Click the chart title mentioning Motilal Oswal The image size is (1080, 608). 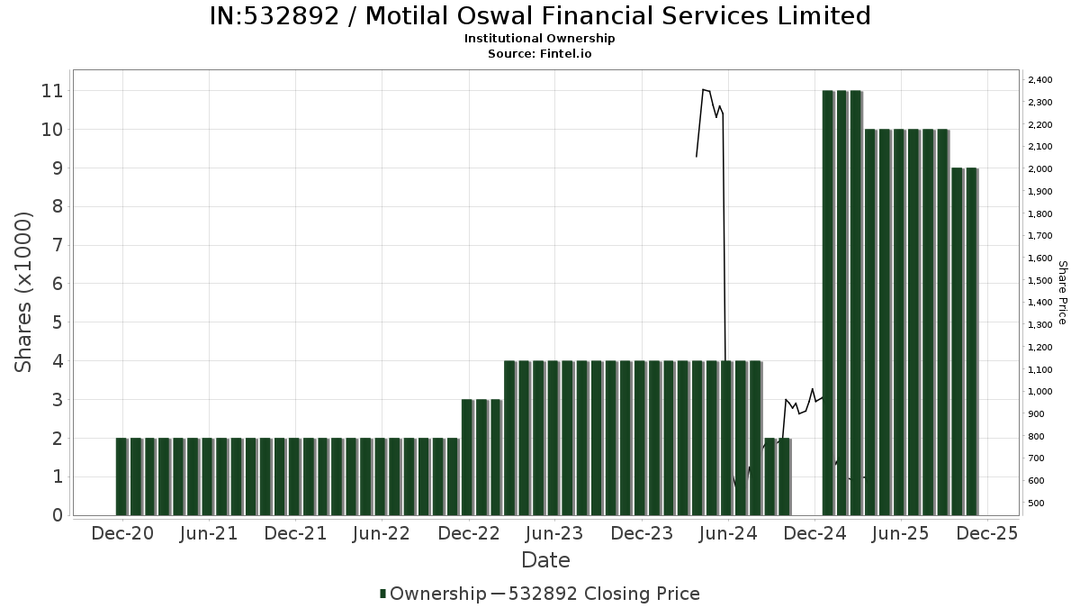tap(540, 16)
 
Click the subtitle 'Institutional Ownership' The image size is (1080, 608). tap(540, 39)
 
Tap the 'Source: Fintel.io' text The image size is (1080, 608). tap(540, 54)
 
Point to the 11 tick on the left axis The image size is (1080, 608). tap(50, 91)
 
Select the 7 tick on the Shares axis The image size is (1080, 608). tap(57, 245)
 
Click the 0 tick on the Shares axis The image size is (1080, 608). tap(57, 515)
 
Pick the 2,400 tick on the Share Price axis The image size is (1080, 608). tap(1039, 80)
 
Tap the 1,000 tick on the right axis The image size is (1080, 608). tap(1039, 392)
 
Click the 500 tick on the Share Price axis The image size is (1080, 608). tap(1037, 503)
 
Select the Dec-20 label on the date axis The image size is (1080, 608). tap(122, 533)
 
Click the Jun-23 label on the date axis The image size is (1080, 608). tap(554, 533)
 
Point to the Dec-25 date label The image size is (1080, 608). tap(986, 533)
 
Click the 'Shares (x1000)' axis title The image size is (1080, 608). tap(24, 292)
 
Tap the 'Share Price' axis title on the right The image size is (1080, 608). tap(1062, 293)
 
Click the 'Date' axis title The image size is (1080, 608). tap(545, 560)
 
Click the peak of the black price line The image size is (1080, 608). tap(703, 89)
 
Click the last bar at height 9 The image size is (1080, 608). tap(972, 342)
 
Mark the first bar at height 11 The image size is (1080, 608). tap(828, 303)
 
